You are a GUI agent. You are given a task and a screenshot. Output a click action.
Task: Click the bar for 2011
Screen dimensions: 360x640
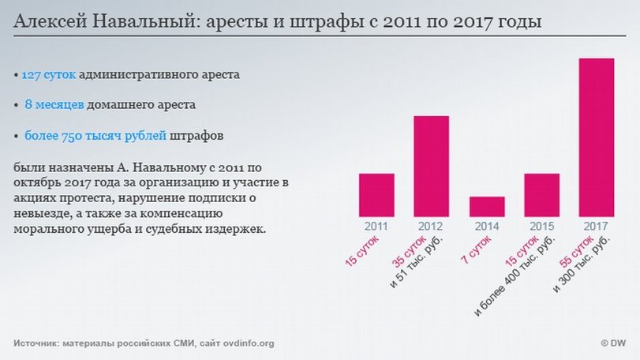pyautogui.click(x=376, y=195)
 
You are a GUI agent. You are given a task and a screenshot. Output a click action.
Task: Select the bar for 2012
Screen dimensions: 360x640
pyautogui.click(x=432, y=166)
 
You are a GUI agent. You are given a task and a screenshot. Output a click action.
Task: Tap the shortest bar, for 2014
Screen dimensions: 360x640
pyautogui.click(x=487, y=206)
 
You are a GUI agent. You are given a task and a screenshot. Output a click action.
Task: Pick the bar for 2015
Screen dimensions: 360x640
pyautogui.click(x=541, y=195)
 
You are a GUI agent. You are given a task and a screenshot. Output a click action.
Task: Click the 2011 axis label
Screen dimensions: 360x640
pyautogui.click(x=376, y=227)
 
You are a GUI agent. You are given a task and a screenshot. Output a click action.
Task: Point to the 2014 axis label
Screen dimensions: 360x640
pyautogui.click(x=487, y=227)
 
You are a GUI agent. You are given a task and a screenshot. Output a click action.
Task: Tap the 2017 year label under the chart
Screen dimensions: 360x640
pyautogui.click(x=597, y=227)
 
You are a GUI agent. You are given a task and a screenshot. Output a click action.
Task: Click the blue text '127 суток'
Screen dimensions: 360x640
pyautogui.click(x=48, y=75)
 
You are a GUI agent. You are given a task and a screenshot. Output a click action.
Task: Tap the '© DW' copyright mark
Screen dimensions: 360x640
pyautogui.click(x=613, y=343)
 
